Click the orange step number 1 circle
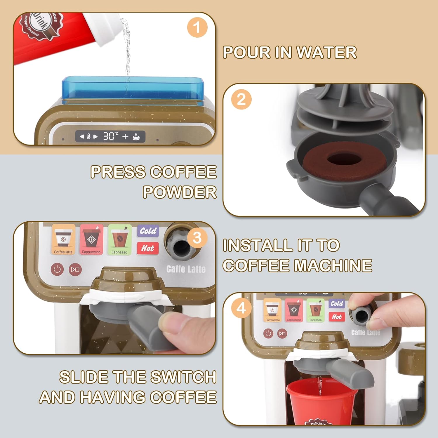pos(197,27)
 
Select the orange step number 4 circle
pos(241,308)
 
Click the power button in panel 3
pos(57,269)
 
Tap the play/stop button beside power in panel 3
pos(75,269)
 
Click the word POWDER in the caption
pos(180,192)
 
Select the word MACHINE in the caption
pos(333,265)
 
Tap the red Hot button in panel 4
pos(337,317)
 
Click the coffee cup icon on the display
pos(136,137)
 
